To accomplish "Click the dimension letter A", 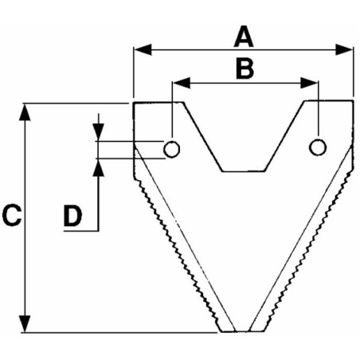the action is click(x=244, y=37).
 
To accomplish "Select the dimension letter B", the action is click(x=245, y=69).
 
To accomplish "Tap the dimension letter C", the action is click(x=12, y=215).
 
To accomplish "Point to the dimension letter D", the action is click(x=72, y=216).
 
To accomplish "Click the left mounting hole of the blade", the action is click(x=171, y=149).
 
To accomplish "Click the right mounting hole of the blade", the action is click(x=318, y=147).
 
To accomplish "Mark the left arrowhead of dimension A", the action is click(x=143, y=49).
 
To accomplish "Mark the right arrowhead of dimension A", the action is click(x=344, y=49).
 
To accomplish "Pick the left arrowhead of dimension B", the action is click(x=182, y=83).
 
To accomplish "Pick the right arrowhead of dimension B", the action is click(x=309, y=83).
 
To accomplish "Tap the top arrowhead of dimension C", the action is click(x=25, y=112).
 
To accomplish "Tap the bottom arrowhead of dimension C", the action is click(x=25, y=323).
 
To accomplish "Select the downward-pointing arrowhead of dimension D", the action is click(x=99, y=132).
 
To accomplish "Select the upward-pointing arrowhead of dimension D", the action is click(x=99, y=168).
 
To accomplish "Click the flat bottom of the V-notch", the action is click(x=244, y=171).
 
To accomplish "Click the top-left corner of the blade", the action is click(x=134, y=103).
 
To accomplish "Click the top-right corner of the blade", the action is click(x=354, y=100).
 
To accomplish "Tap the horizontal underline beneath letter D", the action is click(x=81, y=231).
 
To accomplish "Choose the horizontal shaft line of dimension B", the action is click(x=245, y=83).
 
